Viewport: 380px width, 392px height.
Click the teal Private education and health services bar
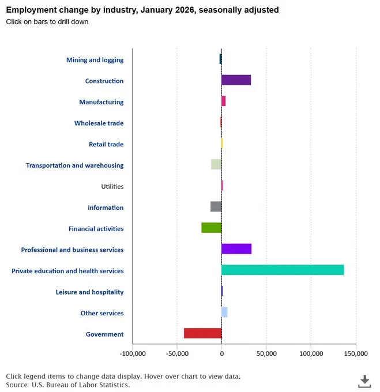tap(283, 270)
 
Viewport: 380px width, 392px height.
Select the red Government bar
tap(202, 333)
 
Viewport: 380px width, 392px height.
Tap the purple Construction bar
tap(236, 80)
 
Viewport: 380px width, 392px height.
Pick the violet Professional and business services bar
tap(236, 249)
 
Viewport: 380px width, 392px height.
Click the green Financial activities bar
tap(211, 228)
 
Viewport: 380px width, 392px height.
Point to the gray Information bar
tap(216, 206)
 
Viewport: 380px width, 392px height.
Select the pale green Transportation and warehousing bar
tap(216, 164)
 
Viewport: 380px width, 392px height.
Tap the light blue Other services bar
tap(224, 312)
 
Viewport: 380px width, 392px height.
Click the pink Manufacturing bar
tap(224, 101)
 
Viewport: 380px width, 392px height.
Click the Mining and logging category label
tap(95, 60)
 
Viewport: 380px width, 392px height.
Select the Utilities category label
tap(112, 187)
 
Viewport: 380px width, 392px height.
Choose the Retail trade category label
tap(106, 144)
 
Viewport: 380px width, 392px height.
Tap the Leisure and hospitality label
tap(89, 292)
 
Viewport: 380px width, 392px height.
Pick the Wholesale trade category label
tap(99, 123)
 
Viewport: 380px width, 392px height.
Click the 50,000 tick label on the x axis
tap(266, 353)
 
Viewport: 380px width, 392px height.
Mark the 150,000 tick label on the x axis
tap(355, 353)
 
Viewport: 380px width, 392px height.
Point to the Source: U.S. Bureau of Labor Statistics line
tap(67, 385)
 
